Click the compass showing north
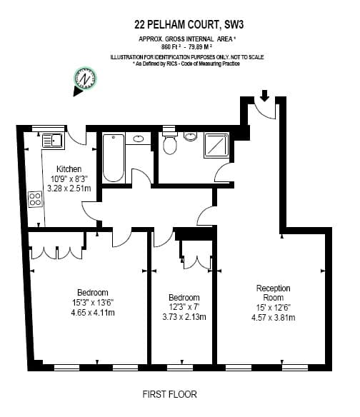click(x=85, y=79)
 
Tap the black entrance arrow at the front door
click(x=264, y=96)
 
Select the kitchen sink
click(x=53, y=141)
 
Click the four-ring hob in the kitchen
click(x=35, y=199)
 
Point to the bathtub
click(x=114, y=158)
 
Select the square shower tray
click(x=216, y=145)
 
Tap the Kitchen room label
click(x=69, y=169)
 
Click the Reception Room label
click(x=274, y=293)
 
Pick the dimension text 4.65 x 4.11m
click(x=93, y=313)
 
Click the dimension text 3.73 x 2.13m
click(x=184, y=317)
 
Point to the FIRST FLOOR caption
click(x=169, y=394)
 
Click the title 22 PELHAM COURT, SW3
click(x=189, y=25)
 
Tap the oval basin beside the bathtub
click(x=139, y=139)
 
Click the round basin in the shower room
click(x=190, y=136)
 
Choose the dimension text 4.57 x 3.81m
click(x=274, y=318)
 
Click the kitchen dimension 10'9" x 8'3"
click(x=69, y=179)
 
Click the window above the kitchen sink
click(x=49, y=129)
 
